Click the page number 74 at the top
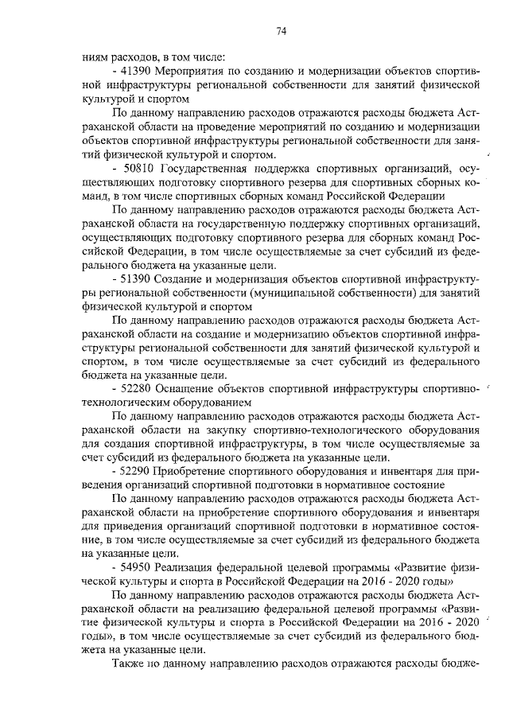(x=281, y=32)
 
